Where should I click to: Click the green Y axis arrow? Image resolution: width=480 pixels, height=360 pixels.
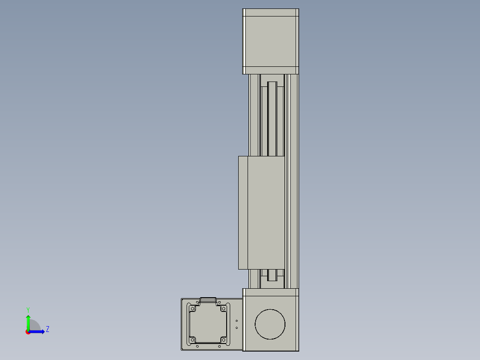point(28,322)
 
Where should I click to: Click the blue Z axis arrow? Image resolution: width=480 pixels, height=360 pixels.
point(38,331)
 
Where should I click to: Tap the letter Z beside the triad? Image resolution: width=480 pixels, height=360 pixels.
point(48,330)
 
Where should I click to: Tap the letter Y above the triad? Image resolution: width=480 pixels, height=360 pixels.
point(28,309)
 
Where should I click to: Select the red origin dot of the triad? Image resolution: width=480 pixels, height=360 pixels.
point(28,332)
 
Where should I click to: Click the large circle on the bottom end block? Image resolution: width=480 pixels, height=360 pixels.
point(270,324)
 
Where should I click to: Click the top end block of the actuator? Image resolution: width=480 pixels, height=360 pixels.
point(270,41)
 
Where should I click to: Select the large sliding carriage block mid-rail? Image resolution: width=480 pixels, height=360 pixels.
point(261,213)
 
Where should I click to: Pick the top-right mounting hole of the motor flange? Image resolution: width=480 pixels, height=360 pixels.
point(223,308)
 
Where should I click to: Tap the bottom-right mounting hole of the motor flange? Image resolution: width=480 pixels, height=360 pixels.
point(223,340)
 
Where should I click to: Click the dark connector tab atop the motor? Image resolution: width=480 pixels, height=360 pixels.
point(208,300)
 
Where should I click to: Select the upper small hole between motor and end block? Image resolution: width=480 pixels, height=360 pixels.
point(236,321)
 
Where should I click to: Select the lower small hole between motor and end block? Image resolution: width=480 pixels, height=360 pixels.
point(236,328)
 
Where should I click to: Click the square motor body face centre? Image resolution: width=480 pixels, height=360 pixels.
point(208,324)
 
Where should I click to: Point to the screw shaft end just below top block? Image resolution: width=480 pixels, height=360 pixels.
point(272,85)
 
